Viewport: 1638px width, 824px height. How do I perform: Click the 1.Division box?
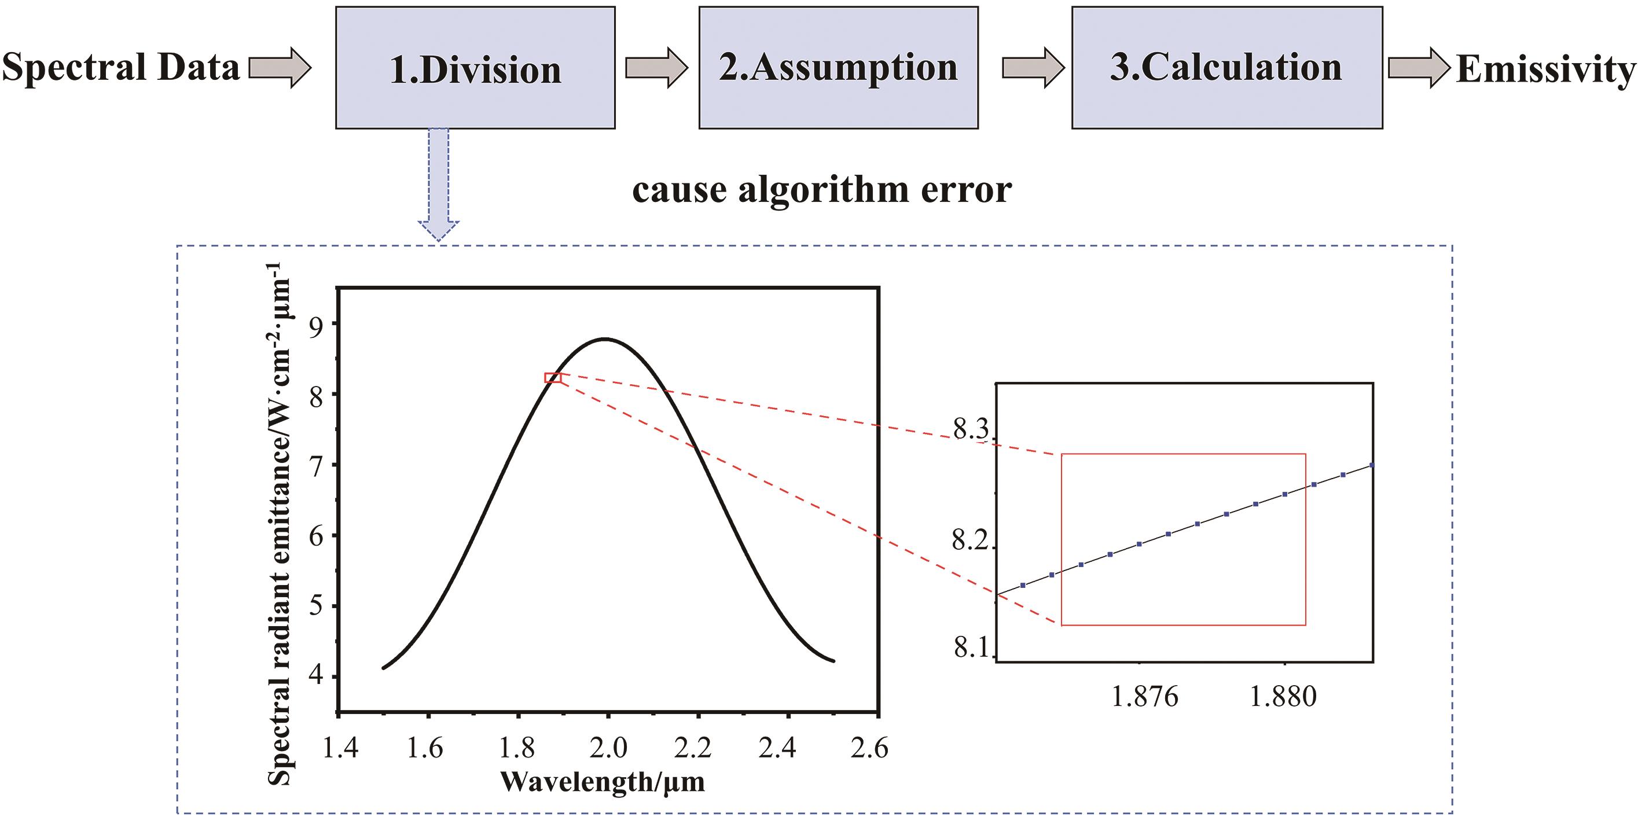point(475,68)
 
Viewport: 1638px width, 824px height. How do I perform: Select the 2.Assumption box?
point(838,68)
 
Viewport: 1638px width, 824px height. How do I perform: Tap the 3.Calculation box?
point(1226,68)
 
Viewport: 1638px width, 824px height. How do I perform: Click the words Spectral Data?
point(121,67)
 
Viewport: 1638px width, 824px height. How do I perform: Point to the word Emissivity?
point(1545,69)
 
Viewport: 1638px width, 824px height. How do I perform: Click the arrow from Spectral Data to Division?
point(280,67)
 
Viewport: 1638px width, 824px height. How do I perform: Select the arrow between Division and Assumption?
point(657,67)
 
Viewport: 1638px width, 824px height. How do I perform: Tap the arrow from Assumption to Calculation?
point(1033,67)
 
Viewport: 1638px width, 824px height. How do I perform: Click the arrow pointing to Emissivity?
point(1419,67)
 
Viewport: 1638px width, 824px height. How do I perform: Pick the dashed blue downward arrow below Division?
point(439,185)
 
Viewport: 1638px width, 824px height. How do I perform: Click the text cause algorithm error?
point(821,189)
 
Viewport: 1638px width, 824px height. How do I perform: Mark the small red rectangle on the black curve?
point(553,378)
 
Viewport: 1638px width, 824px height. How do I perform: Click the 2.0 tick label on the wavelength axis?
point(608,748)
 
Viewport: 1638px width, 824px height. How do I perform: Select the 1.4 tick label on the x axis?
point(340,748)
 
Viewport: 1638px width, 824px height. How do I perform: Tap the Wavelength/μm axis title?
point(602,782)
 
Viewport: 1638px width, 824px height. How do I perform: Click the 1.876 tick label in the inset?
point(1144,697)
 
